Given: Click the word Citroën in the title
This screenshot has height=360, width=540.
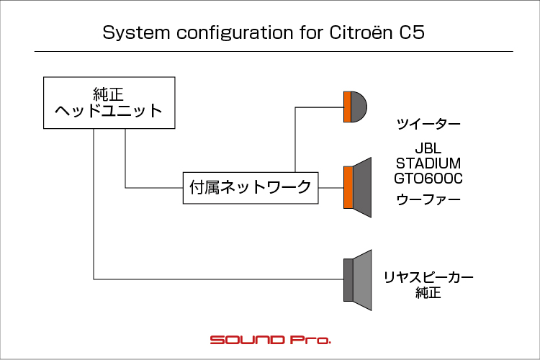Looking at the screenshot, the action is tap(361, 32).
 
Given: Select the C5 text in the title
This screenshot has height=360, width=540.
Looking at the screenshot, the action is tap(412, 32).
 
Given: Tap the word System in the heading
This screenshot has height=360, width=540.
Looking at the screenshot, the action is tap(136, 33).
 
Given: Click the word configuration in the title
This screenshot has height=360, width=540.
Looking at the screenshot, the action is tap(235, 33).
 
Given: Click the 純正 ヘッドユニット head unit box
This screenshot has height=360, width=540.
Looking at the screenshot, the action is tap(109, 103).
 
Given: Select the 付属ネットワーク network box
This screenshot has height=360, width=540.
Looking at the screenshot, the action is tap(251, 188).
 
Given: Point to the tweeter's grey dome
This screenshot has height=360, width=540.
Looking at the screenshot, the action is tap(359, 107).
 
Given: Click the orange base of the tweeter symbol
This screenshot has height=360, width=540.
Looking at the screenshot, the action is tap(347, 107).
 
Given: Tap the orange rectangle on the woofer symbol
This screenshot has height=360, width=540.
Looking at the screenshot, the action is tap(348, 187).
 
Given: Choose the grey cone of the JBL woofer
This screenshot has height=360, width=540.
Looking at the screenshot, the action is tap(362, 187).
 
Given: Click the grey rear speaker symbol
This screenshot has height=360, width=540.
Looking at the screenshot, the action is tap(357, 280).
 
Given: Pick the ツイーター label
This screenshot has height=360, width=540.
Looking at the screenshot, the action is tap(428, 124).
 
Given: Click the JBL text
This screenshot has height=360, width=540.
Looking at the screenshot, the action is tap(428, 148).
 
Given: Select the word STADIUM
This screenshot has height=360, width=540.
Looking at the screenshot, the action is tap(428, 163).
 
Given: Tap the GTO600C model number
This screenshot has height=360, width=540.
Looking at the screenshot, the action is tap(428, 179).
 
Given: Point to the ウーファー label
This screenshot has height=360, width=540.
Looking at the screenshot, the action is tap(428, 200).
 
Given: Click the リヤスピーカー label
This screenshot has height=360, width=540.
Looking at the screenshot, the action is tap(428, 278).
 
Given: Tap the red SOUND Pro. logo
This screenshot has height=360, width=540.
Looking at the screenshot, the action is tap(270, 340).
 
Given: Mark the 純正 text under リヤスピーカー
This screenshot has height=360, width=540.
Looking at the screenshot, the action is tap(428, 293).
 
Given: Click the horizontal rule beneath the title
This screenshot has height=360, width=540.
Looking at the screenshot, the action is tap(274, 51).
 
